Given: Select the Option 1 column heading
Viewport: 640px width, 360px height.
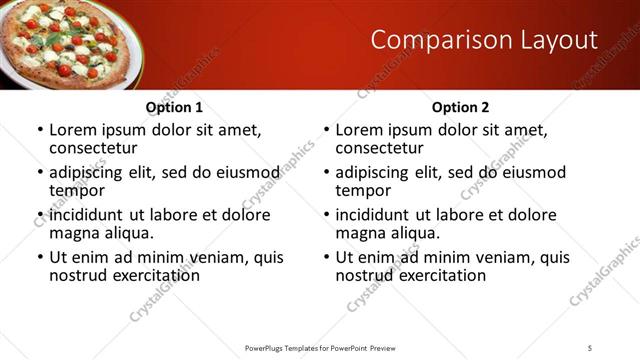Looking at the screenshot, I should click(x=174, y=107).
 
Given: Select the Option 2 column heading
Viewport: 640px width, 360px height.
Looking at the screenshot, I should click(x=460, y=107).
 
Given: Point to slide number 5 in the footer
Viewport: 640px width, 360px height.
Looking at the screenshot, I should click(x=590, y=347).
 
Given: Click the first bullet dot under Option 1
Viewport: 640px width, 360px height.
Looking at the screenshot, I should click(x=39, y=131).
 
